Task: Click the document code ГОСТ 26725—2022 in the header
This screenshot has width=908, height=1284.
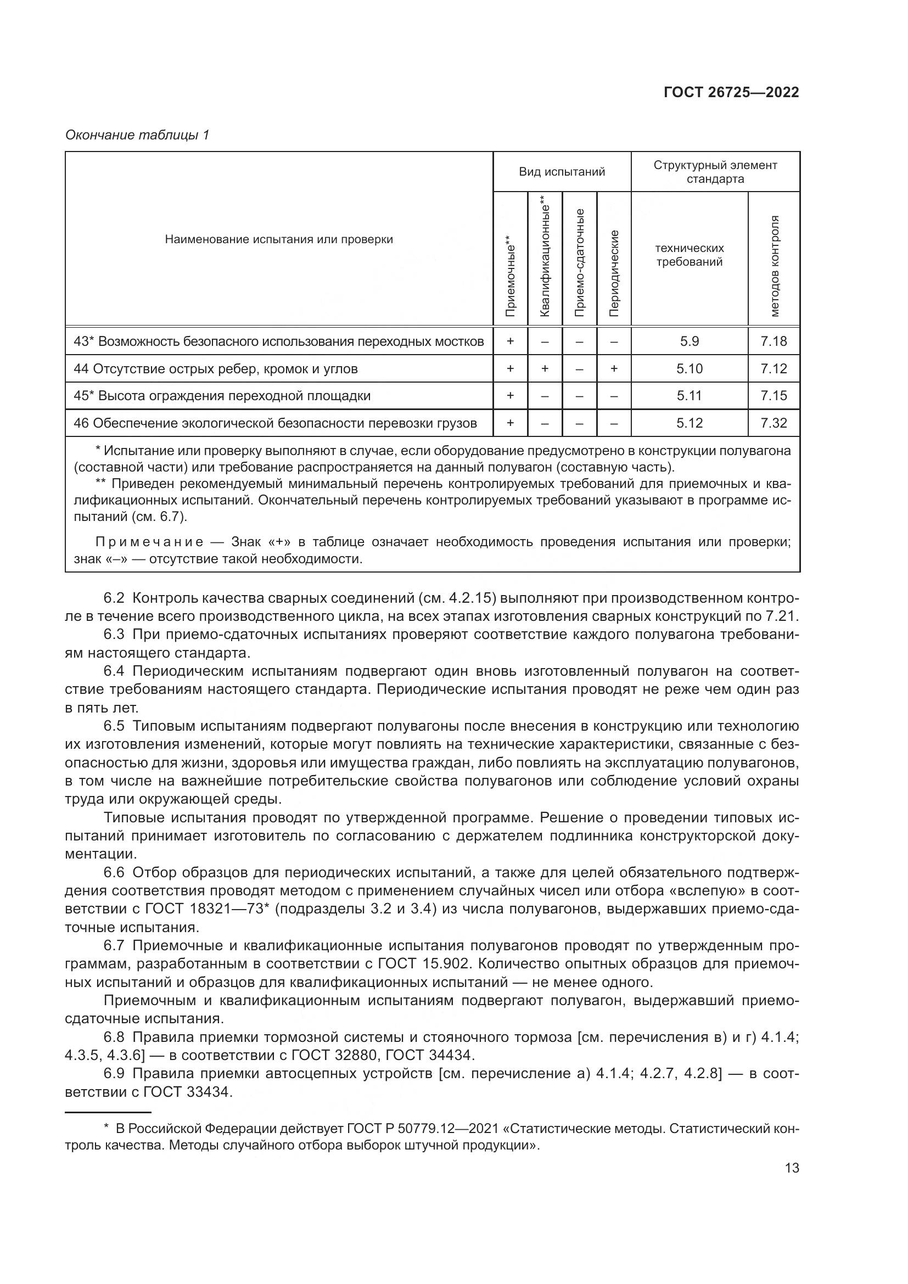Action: tap(731, 92)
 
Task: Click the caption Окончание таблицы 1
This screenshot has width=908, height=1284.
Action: tap(137, 135)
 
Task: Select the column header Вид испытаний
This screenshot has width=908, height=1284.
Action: tap(562, 172)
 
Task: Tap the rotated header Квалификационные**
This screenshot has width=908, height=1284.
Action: tap(545, 256)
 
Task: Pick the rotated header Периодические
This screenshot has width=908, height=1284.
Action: tap(614, 273)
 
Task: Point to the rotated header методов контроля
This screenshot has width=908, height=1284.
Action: tap(774, 266)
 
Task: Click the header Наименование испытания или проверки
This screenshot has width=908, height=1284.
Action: tap(278, 239)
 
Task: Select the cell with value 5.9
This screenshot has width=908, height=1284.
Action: tap(689, 341)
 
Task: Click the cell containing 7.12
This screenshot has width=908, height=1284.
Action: tap(774, 368)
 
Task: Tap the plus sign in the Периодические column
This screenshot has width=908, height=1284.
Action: tap(614, 368)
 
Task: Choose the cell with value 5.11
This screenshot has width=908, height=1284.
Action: tap(689, 395)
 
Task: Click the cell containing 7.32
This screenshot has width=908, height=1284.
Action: tap(774, 423)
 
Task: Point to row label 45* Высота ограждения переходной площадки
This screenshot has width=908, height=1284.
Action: tap(222, 395)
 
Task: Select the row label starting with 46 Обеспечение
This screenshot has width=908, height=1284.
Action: tap(275, 423)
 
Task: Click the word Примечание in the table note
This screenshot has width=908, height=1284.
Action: tap(149, 541)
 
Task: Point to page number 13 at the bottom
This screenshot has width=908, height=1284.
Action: tap(792, 1168)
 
